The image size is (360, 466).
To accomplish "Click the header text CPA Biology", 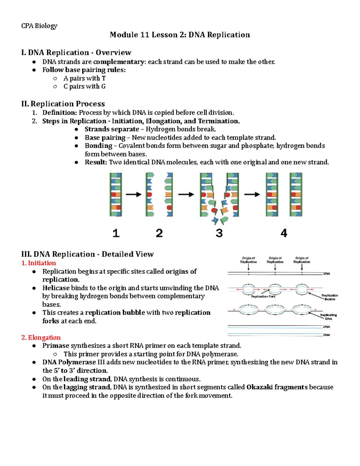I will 39,26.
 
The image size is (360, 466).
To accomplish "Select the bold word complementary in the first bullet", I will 119,62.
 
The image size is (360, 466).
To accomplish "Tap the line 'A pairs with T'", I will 84,78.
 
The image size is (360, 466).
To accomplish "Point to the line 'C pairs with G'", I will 84,86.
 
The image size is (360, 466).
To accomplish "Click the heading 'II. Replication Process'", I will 63,104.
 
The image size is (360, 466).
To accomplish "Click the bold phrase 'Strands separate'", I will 112,129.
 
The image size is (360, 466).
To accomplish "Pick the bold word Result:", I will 96,162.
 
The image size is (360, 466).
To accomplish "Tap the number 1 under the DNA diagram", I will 116,233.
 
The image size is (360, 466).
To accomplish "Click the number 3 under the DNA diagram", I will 219,233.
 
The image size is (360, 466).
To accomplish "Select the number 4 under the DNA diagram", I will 283,233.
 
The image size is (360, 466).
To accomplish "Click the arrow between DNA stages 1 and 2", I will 133,195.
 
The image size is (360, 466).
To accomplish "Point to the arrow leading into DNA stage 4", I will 252,195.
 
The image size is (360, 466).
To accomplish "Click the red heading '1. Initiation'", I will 38,263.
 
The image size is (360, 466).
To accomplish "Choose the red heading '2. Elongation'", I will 41,338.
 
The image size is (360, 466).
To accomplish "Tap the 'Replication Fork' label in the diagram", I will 263,296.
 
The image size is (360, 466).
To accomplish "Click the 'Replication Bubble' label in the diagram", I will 330,297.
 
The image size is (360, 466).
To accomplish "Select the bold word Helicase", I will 56,288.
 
